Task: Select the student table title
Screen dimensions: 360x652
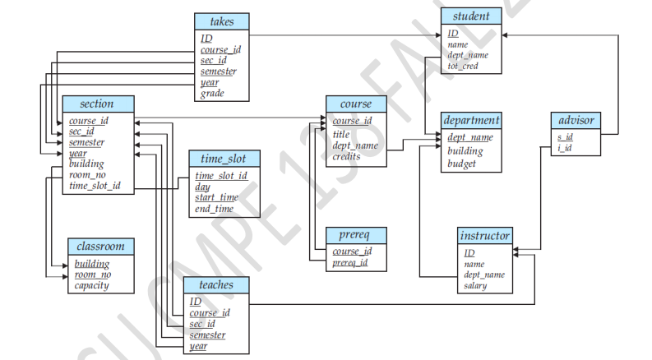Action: click(x=471, y=16)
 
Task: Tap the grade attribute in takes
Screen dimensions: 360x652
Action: click(x=211, y=94)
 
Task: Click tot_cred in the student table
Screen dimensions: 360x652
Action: click(x=463, y=66)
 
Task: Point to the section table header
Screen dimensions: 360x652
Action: click(x=96, y=104)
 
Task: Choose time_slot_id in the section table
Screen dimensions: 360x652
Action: click(x=95, y=187)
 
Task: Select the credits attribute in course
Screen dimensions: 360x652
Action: click(x=348, y=156)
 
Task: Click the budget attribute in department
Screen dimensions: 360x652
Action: click(x=462, y=164)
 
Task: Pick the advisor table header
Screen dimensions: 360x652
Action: click(x=575, y=121)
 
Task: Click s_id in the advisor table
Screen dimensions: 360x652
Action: click(x=565, y=136)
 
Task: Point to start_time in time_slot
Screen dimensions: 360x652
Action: click(x=217, y=197)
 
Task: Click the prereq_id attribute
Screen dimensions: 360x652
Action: click(x=350, y=263)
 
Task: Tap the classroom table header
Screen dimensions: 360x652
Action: click(x=100, y=247)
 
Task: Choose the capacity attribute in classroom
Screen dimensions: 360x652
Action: click(x=92, y=286)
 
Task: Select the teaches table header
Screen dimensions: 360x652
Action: click(x=215, y=285)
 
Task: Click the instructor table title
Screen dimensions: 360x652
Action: click(x=485, y=236)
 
